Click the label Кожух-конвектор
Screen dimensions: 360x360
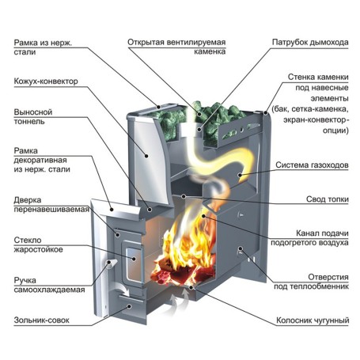(46, 81)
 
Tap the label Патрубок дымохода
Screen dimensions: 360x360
(310, 42)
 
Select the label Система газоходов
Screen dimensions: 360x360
(312, 165)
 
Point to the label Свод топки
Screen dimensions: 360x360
(328, 199)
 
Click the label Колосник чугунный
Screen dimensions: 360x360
(313, 320)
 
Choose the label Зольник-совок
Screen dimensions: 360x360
(41, 320)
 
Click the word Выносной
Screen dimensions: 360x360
(33, 112)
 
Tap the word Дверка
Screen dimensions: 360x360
(28, 200)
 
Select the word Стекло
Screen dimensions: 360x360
(28, 240)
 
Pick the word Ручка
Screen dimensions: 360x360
(25, 280)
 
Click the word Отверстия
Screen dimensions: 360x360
(328, 277)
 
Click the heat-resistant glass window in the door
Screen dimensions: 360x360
(135, 264)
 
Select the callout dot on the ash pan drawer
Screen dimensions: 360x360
(129, 306)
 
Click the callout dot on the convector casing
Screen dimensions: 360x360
(146, 156)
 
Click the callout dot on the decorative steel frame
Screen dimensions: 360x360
(112, 210)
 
